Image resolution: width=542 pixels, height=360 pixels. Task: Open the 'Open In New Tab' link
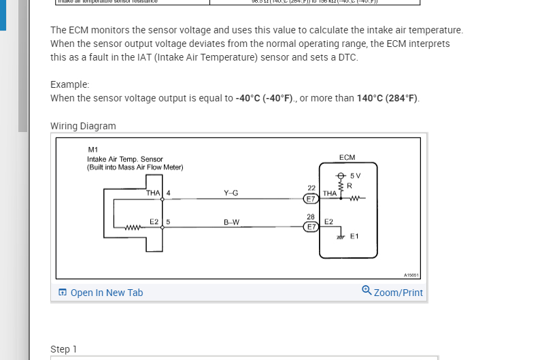coord(106,293)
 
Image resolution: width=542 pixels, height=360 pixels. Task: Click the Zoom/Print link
coord(398,293)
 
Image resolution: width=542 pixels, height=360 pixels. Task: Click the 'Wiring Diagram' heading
coord(83,126)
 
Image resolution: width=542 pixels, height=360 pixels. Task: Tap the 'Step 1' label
coord(63,349)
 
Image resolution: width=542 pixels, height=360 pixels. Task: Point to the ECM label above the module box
coord(346,157)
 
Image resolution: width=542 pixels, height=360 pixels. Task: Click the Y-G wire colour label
coord(231,193)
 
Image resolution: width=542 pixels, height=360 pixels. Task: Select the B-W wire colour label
coord(231,222)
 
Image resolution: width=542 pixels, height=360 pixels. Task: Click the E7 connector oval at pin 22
coord(311,199)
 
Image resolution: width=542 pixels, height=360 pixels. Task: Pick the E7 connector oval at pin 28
coord(311,226)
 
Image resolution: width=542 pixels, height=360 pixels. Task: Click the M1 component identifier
coord(93,150)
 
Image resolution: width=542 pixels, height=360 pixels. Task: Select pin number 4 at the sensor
coord(167,193)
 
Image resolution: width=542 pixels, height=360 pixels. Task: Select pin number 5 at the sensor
coord(167,222)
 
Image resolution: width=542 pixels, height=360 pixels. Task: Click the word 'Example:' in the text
coord(69,84)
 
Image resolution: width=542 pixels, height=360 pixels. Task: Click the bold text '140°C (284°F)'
coord(388,98)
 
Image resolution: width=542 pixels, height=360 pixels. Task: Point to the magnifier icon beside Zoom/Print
coord(367,291)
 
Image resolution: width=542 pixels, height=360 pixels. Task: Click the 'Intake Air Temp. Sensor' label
coord(115,159)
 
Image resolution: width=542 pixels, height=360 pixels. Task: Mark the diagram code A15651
coord(411,275)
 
